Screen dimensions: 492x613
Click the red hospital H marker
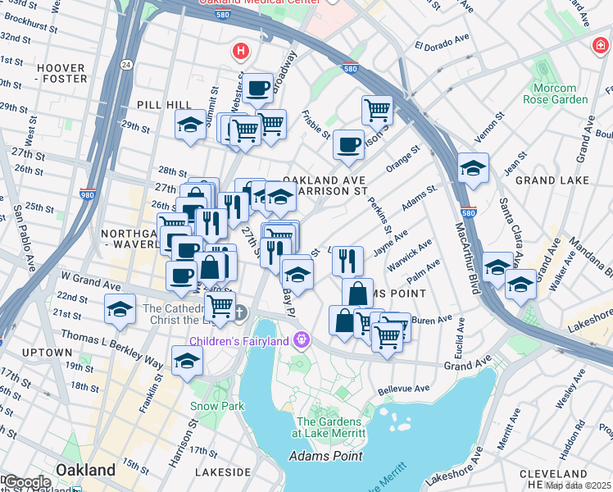tap(240, 52)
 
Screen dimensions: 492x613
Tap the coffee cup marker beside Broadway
tap(257, 86)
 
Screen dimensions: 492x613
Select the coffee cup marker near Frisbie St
tap(348, 144)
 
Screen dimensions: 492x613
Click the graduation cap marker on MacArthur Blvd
tap(473, 168)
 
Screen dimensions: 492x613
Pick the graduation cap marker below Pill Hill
tap(190, 125)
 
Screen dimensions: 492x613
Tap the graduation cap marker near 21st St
tap(120, 310)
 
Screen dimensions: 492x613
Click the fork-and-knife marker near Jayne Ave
tap(347, 260)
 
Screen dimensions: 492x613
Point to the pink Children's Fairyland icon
tap(302, 339)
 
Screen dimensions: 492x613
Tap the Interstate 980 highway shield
tap(88, 194)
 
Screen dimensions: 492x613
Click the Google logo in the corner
tap(27, 482)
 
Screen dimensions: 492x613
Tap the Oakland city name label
tap(85, 470)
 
